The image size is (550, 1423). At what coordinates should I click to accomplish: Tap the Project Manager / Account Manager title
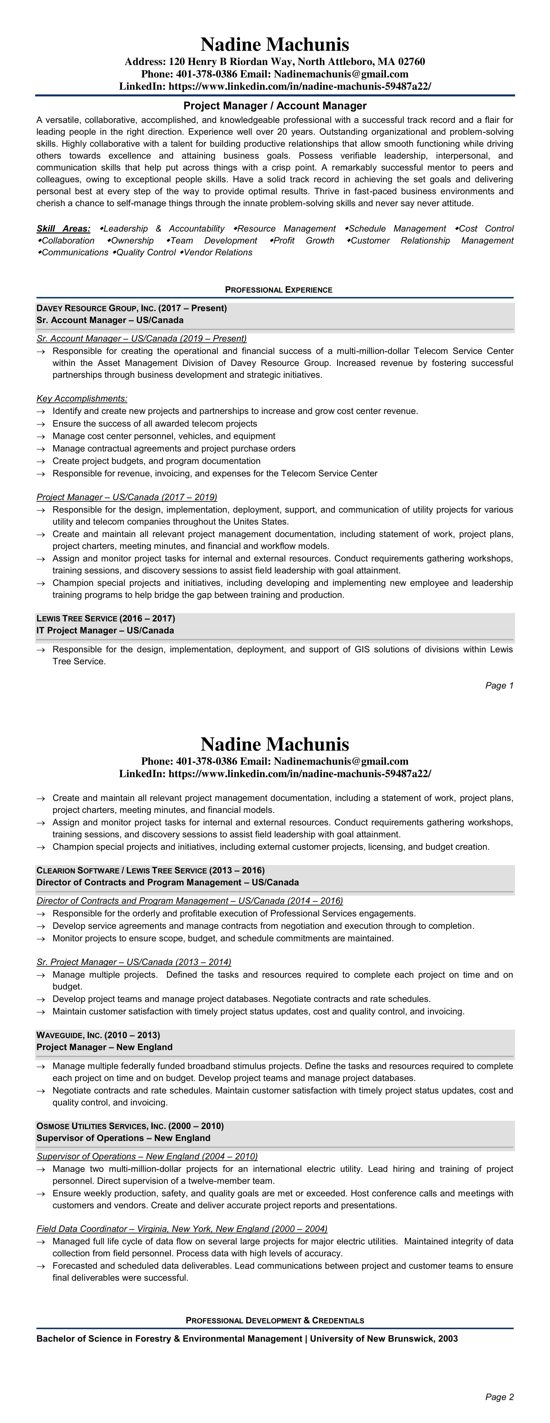point(275,105)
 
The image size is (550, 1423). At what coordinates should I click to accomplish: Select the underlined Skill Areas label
point(63,229)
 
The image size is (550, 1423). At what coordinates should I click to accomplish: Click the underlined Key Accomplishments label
point(82,399)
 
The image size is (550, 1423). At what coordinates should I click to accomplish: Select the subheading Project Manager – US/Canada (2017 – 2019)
point(126,497)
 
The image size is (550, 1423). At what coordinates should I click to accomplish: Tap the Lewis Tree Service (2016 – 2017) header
point(105,618)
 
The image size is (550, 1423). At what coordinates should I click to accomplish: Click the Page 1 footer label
point(499,686)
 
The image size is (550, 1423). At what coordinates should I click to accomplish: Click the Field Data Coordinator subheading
point(182,1229)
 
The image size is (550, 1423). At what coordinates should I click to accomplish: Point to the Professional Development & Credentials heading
point(275,1320)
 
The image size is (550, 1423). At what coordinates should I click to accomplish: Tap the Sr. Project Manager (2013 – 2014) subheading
point(134,962)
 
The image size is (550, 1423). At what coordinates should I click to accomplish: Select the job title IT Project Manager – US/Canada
point(105,630)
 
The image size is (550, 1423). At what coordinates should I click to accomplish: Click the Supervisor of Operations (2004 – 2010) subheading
point(147,1156)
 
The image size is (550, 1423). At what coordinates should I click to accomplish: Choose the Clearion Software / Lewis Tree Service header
point(150,871)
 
